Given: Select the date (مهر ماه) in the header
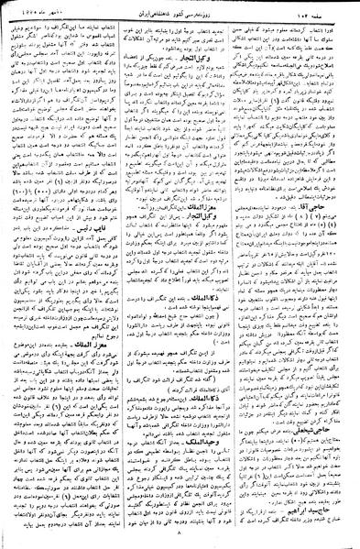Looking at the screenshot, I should point(33,8).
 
